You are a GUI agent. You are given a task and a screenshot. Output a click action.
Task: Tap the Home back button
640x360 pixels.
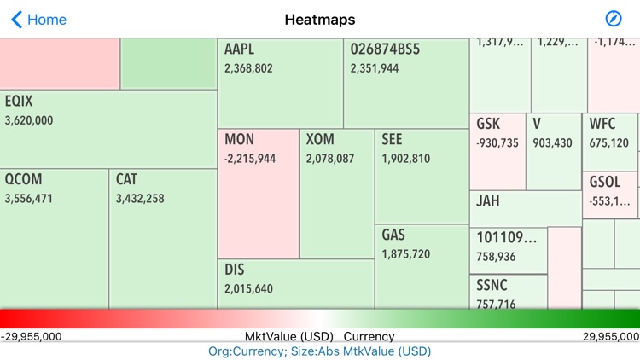38,20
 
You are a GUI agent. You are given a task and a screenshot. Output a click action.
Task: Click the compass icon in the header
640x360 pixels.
613,20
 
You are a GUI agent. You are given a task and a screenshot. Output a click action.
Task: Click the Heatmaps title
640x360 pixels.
320,20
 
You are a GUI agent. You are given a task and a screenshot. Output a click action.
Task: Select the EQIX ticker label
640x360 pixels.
19,102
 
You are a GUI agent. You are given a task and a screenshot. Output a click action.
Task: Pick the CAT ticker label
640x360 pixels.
126,179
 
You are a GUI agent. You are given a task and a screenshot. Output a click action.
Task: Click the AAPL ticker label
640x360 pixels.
240,49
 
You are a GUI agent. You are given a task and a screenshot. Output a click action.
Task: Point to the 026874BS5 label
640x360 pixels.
385,49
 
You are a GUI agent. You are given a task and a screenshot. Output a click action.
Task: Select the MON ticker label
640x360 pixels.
240,139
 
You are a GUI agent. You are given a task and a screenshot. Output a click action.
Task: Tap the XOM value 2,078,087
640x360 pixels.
330,159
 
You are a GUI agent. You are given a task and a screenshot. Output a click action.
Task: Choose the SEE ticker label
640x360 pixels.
392,139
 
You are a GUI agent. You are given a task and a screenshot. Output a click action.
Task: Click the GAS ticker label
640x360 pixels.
393,235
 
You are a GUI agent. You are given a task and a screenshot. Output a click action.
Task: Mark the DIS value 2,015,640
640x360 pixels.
249,289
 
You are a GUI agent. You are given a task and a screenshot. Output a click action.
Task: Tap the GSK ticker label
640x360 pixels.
488,125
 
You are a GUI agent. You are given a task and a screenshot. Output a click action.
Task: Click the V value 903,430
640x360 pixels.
552,143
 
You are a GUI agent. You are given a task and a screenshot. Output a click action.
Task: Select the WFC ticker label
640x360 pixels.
602,125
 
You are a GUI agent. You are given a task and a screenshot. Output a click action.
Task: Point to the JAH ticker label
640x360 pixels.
488,201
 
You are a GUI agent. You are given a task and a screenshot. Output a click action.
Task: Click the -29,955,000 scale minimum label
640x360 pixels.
32,337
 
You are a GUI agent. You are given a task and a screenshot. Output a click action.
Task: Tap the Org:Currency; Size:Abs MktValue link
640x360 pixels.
320,351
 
